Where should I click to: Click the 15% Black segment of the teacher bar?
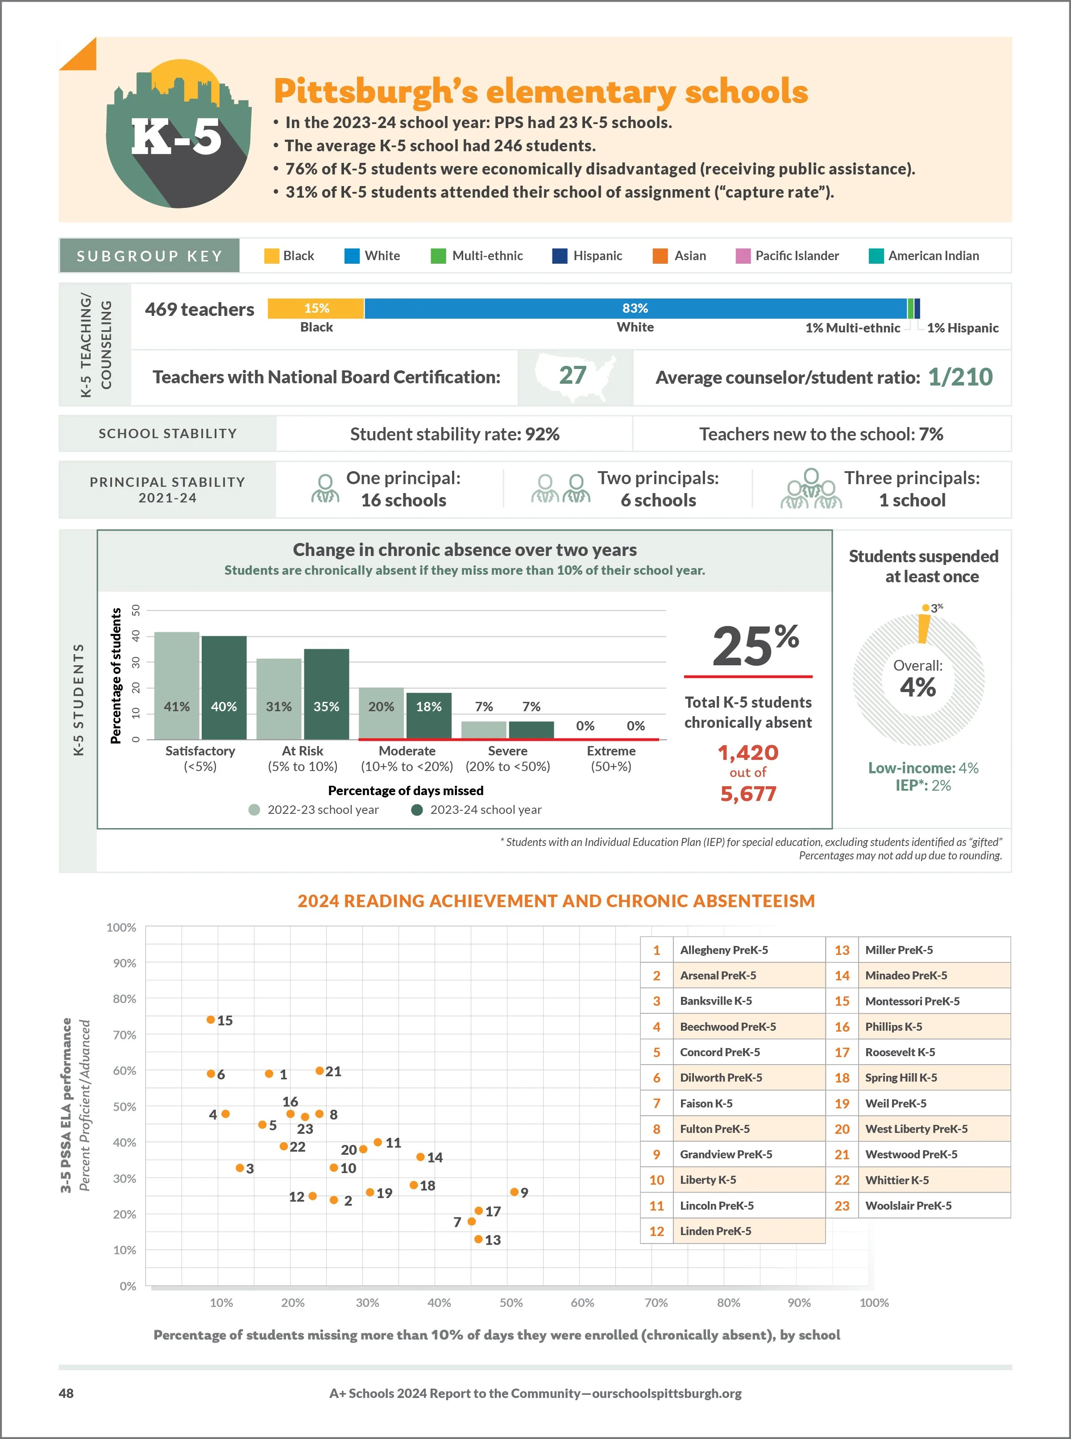tap(316, 308)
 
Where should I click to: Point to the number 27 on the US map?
tap(573, 375)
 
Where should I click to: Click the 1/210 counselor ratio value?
tap(959, 377)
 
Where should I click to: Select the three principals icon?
tap(810, 490)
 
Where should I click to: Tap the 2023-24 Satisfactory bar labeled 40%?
tap(224, 687)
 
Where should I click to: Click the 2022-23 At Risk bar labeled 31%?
tap(279, 698)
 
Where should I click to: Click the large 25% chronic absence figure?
tap(755, 646)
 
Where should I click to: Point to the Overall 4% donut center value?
tap(917, 686)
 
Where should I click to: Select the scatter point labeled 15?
tap(211, 1020)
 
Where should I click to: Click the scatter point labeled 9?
tap(514, 1192)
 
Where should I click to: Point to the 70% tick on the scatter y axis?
tap(125, 1035)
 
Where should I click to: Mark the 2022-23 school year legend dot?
tap(254, 809)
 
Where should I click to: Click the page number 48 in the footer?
tap(66, 1393)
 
